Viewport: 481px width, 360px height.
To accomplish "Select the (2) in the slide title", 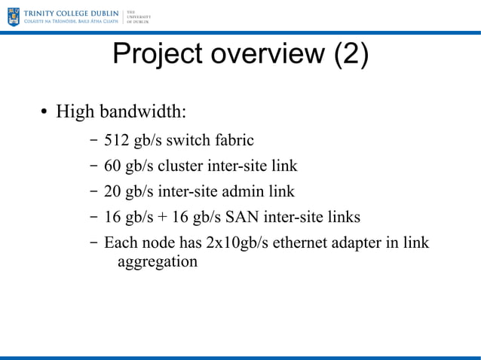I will point(351,55).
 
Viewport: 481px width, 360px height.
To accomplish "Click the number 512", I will point(117,139).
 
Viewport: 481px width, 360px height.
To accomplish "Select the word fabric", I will point(233,139).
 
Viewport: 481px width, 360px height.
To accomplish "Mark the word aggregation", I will point(158,262).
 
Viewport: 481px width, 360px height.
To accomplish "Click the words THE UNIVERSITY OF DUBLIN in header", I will point(137,17).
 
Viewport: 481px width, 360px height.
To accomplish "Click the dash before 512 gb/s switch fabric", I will point(92,140).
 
